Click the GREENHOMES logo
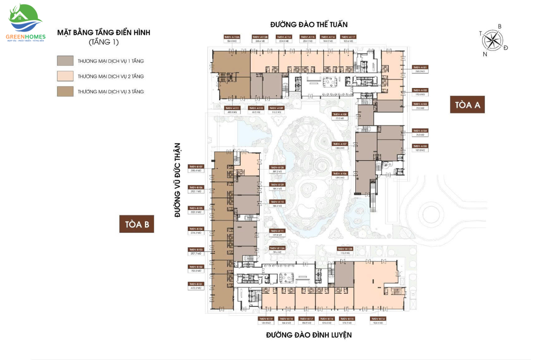tap(25, 24)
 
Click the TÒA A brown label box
tap(467, 105)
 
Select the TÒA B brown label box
tap(136, 224)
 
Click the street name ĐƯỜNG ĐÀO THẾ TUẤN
tap(311, 25)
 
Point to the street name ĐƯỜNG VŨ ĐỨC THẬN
tap(178, 180)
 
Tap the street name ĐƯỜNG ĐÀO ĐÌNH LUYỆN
tap(309, 335)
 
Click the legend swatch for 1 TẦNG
tap(65, 61)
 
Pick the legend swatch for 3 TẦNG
tap(65, 91)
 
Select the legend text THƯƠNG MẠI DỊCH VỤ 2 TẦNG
tap(110, 77)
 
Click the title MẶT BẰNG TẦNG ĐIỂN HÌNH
tap(104, 32)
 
